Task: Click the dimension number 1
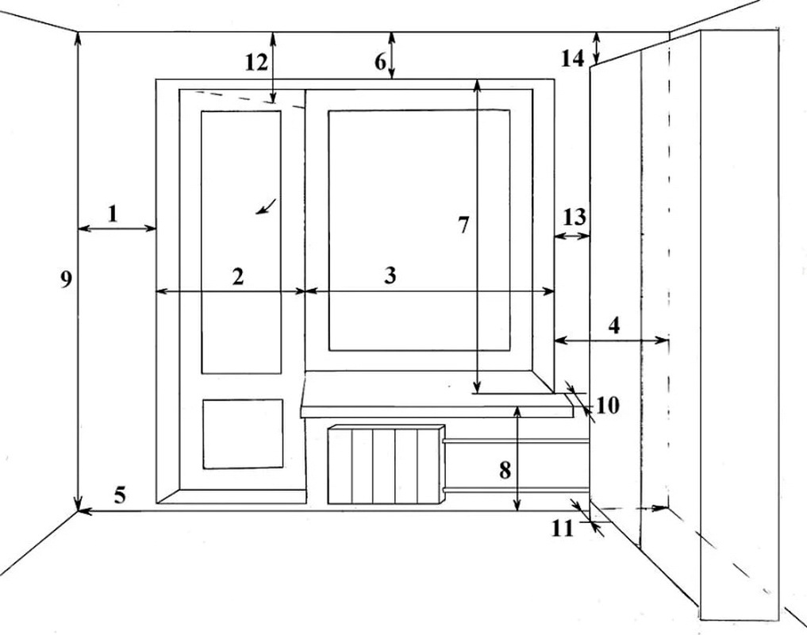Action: tap(113, 213)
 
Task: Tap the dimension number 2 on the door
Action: tap(237, 276)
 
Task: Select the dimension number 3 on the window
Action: tap(390, 275)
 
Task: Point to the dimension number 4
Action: tap(613, 325)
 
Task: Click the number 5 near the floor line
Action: tap(119, 495)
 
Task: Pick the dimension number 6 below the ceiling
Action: tap(379, 60)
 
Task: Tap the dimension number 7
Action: tap(463, 225)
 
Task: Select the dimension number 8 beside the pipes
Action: tap(505, 469)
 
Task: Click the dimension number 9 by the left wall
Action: tap(67, 279)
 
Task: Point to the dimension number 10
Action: tap(607, 405)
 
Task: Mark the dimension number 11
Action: tap(562, 527)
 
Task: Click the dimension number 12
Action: tap(256, 62)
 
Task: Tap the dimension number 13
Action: tap(575, 216)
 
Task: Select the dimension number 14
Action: tap(572, 57)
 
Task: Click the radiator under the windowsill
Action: tap(385, 464)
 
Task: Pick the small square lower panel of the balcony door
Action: tap(243, 433)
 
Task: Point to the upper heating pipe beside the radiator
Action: tap(516, 440)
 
